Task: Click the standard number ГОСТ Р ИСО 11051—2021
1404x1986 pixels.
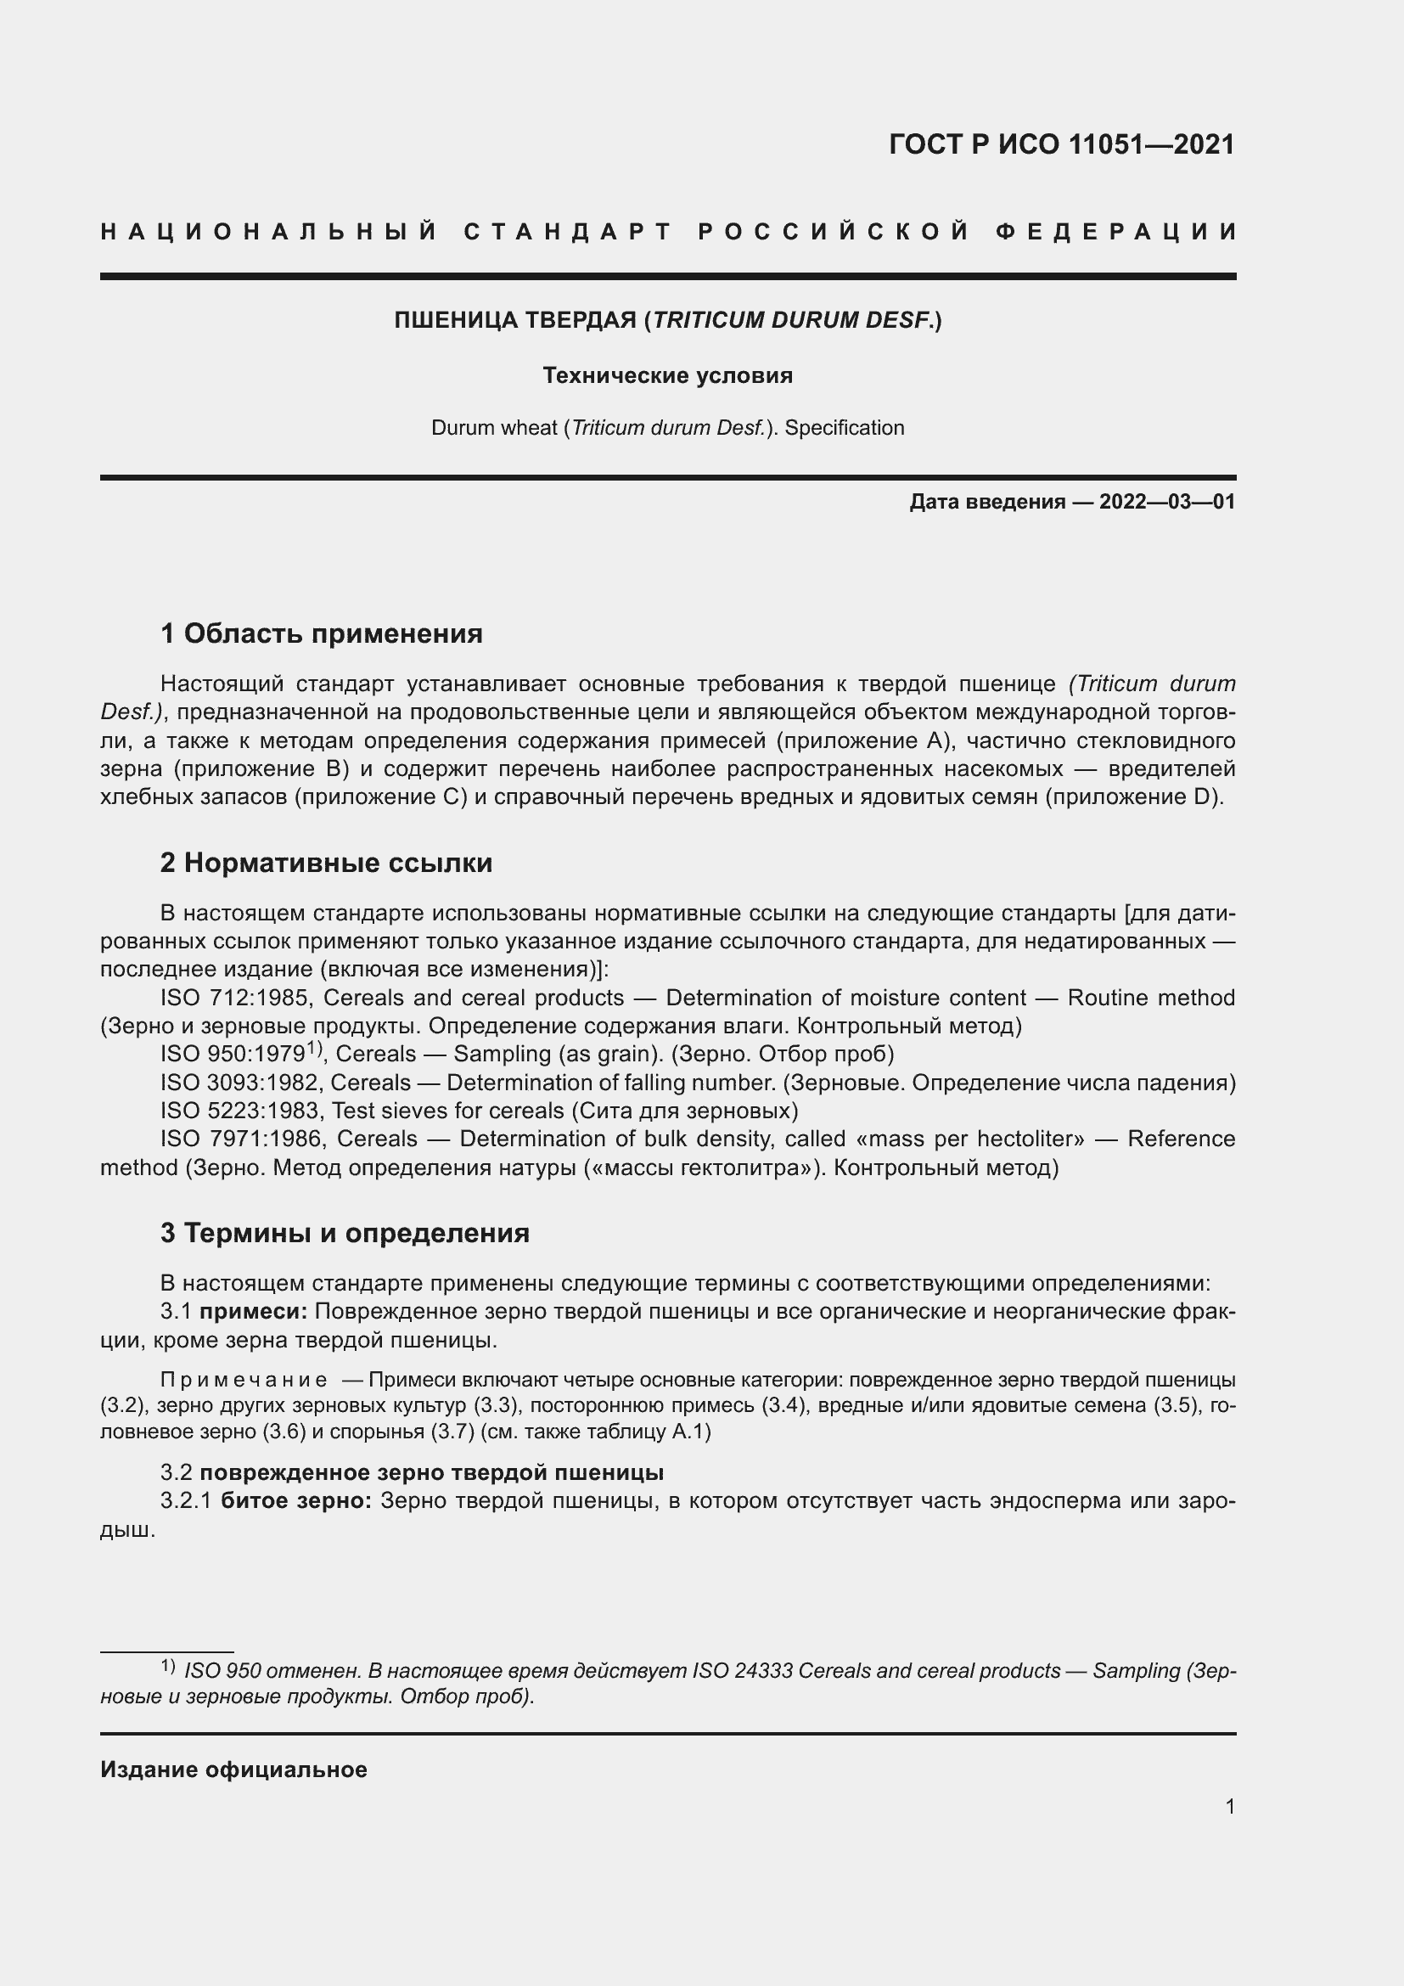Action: pyautogui.click(x=1062, y=144)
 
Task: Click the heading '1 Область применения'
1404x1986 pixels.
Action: pyautogui.click(x=321, y=634)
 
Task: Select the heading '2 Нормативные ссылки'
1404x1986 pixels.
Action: pyautogui.click(x=326, y=864)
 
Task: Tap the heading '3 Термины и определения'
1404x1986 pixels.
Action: pyautogui.click(x=344, y=1233)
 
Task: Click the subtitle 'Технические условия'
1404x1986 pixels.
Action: pyautogui.click(x=667, y=375)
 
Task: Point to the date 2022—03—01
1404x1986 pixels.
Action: pyautogui.click(x=1167, y=502)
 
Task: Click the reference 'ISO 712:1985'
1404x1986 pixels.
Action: pyautogui.click(x=233, y=999)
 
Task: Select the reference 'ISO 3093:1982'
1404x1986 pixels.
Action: pyautogui.click(x=241, y=1083)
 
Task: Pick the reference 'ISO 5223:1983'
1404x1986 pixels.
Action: pyautogui.click(x=241, y=1111)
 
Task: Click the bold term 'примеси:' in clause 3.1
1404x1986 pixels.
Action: pyautogui.click(x=253, y=1311)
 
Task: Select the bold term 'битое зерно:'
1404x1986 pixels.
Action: pyautogui.click(x=296, y=1500)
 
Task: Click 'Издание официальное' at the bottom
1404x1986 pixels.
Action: pyautogui.click(x=233, y=1769)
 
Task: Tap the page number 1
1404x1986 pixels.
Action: pyautogui.click(x=1230, y=1807)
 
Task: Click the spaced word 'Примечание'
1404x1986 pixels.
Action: pyautogui.click(x=244, y=1380)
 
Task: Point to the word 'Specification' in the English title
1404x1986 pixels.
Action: pyautogui.click(x=844, y=428)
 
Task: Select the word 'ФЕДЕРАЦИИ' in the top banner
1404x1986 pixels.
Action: pyautogui.click(x=1116, y=232)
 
